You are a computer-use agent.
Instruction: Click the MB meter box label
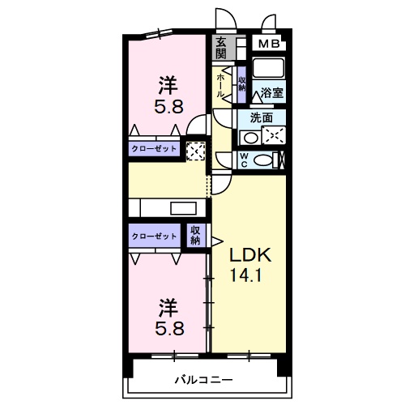point(269,44)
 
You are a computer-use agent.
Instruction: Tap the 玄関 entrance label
point(221,49)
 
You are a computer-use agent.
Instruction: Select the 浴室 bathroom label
point(272,92)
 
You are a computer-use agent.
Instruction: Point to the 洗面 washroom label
point(262,117)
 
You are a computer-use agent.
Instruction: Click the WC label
point(244,160)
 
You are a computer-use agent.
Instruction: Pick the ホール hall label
point(220,85)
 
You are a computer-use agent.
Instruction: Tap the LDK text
point(250,255)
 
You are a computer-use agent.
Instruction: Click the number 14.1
point(245,275)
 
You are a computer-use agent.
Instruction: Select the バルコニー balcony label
point(204,380)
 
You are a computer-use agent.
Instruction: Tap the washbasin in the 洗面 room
point(251,138)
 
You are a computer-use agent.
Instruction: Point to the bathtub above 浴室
point(268,66)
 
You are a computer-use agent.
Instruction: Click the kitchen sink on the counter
point(183,208)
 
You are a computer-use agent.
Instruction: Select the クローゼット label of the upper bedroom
point(154,149)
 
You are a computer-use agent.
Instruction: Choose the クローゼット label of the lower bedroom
point(154,237)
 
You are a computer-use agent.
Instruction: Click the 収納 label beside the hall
point(241,84)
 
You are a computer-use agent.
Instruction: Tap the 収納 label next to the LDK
point(195,235)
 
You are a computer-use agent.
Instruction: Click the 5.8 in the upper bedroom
point(169,106)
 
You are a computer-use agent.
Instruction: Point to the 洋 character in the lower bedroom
point(168,308)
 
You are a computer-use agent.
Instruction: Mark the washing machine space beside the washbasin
point(274,135)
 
